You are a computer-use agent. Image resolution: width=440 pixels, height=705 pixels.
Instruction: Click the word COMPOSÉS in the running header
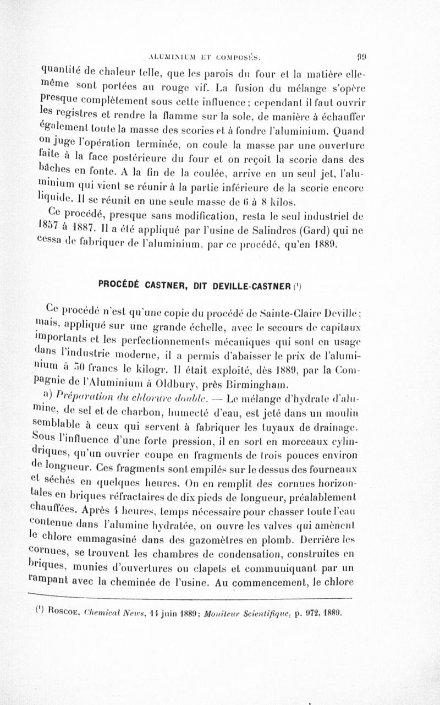(243, 56)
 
